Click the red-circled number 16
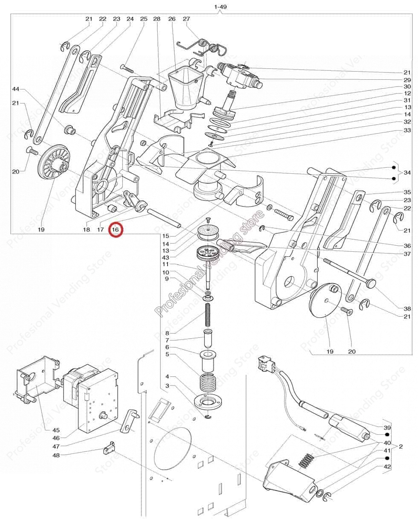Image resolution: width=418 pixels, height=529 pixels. (116, 230)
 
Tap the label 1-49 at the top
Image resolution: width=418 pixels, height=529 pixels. (220, 7)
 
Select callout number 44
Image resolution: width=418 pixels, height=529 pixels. (16, 89)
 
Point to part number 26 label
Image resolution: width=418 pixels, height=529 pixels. (172, 19)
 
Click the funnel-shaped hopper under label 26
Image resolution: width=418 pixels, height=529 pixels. (184, 87)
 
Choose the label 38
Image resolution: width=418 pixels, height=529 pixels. (407, 308)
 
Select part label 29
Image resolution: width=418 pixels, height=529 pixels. (407, 80)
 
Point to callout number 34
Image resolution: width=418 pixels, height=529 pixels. (407, 172)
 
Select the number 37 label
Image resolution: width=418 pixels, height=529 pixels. (407, 254)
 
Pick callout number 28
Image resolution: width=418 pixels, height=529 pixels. (157, 19)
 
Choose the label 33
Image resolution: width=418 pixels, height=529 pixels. (407, 130)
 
